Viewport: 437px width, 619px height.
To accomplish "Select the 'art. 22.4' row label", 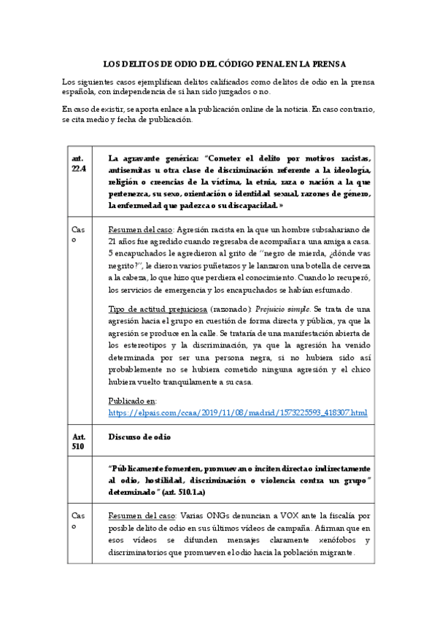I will [79, 164].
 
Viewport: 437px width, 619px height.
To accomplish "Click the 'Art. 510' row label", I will [79, 443].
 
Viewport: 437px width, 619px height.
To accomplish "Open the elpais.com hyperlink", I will [237, 413].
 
